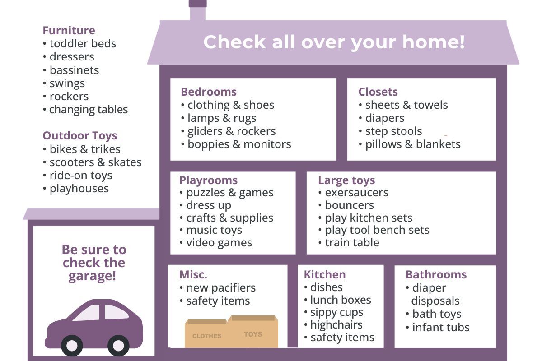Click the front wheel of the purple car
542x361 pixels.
click(x=72, y=346)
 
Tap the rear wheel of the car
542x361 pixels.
click(x=118, y=346)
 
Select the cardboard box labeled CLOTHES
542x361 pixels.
click(x=206, y=333)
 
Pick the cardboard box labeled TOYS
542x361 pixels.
click(x=253, y=332)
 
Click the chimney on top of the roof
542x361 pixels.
click(x=198, y=10)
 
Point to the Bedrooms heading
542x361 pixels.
click(x=209, y=92)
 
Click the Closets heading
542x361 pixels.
click(x=378, y=92)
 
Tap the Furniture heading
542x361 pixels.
click(x=69, y=31)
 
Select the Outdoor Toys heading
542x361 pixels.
click(x=80, y=136)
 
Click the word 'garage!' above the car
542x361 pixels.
click(x=92, y=276)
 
